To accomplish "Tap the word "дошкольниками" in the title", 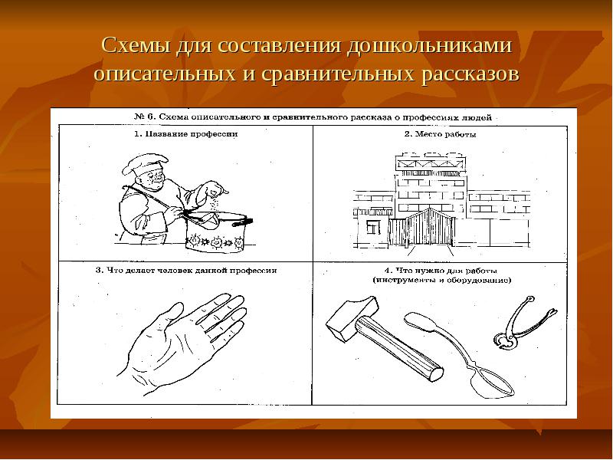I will coord(430,45).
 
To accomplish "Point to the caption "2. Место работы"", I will coord(440,133).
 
